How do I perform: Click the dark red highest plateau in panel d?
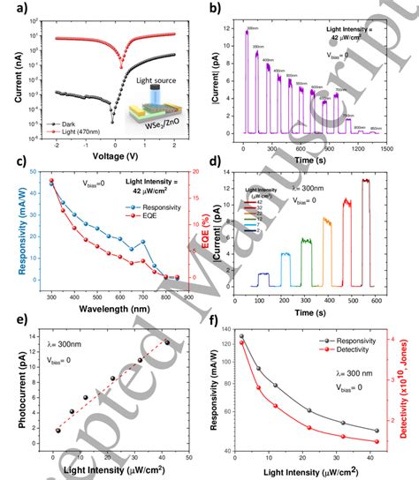[x=365, y=179]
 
